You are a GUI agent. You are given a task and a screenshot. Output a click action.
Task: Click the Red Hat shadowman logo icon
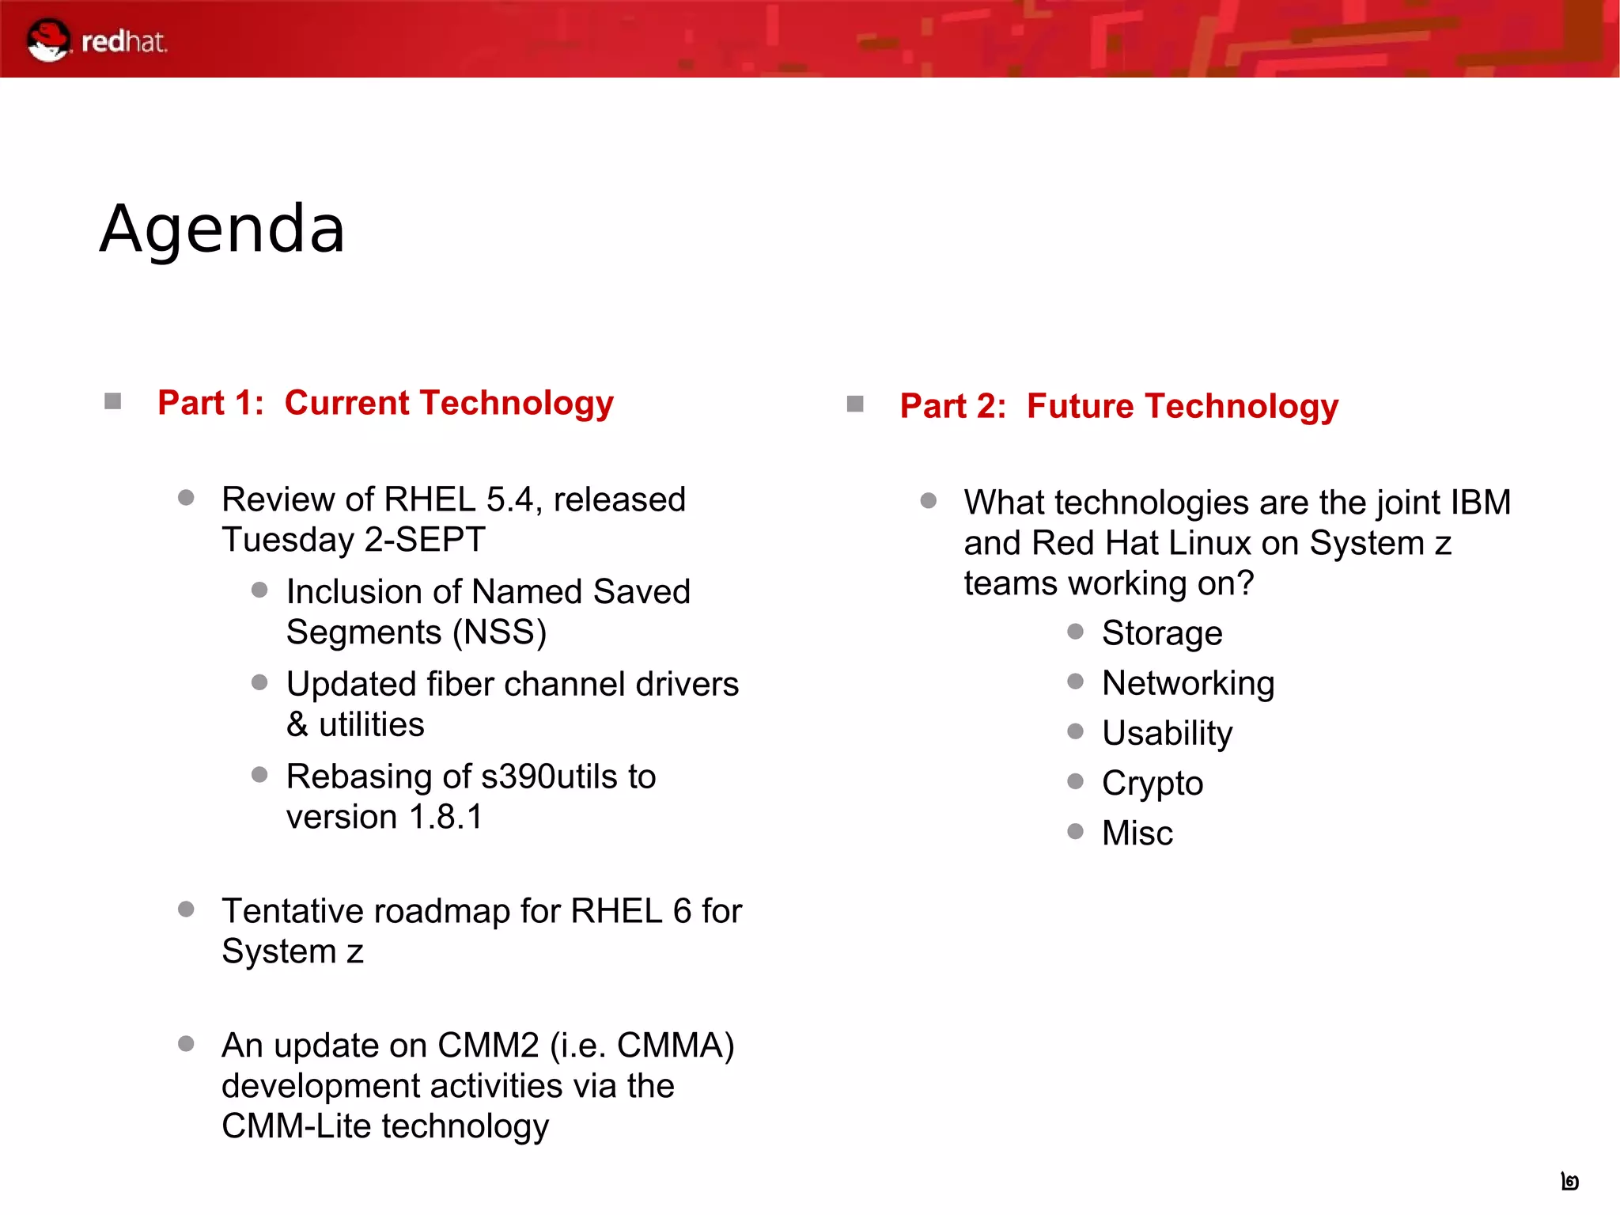pos(47,40)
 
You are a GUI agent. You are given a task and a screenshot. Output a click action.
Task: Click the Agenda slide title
pos(222,230)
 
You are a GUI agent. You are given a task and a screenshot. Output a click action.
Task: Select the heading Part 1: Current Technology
pos(385,403)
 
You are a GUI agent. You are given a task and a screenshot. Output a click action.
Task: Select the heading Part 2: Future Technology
pos(1118,406)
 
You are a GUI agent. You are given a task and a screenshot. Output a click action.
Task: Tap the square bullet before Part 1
pos(113,402)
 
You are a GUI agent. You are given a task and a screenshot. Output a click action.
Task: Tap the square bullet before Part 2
pos(855,404)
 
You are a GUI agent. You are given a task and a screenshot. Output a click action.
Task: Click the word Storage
pos(1162,633)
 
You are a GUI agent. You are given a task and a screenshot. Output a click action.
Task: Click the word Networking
pos(1188,683)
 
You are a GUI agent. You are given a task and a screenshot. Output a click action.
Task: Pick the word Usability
pos(1167,733)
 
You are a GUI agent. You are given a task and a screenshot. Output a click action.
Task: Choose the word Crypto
pos(1153,783)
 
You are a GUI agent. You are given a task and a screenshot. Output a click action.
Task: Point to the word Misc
pos(1137,833)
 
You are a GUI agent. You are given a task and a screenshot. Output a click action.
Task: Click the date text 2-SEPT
pos(425,540)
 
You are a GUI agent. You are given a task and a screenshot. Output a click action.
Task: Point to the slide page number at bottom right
pos(1570,1182)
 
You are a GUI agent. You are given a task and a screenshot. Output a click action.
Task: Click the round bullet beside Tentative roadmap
pos(187,909)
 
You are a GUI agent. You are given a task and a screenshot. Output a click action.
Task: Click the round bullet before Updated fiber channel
pos(259,682)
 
